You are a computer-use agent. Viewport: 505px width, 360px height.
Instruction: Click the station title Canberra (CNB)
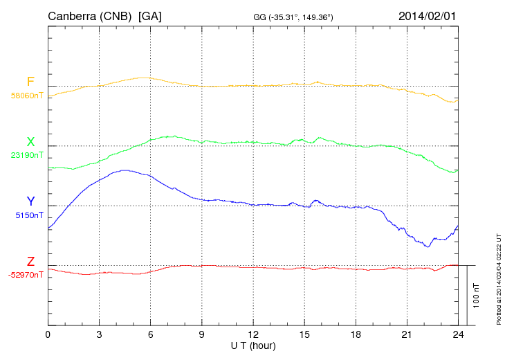click(90, 16)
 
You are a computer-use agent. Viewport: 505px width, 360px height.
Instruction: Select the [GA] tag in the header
click(150, 16)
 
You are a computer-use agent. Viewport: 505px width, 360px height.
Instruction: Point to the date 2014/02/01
click(428, 16)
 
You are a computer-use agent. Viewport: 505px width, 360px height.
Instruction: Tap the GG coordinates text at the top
click(294, 17)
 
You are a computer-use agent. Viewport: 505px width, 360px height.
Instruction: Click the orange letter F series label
click(30, 82)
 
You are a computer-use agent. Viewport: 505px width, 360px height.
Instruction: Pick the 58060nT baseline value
click(26, 96)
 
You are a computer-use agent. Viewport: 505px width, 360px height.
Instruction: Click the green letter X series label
click(30, 142)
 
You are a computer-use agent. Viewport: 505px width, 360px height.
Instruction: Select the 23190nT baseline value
click(26, 156)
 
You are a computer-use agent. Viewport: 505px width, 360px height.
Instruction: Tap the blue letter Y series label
click(30, 201)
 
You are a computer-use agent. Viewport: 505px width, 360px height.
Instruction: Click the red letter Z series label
click(30, 262)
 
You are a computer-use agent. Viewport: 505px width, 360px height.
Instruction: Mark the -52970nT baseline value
click(26, 275)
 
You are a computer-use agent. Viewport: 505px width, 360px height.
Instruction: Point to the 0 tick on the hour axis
click(48, 334)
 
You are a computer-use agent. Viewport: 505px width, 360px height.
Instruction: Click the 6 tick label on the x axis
click(150, 334)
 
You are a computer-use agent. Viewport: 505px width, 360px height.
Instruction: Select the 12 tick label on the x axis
click(253, 334)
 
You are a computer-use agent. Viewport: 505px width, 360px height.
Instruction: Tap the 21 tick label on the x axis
click(407, 334)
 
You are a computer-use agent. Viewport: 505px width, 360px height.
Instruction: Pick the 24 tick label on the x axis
click(458, 334)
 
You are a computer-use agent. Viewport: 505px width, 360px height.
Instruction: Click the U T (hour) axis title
click(253, 345)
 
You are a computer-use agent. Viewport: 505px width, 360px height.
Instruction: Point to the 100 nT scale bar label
click(476, 295)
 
